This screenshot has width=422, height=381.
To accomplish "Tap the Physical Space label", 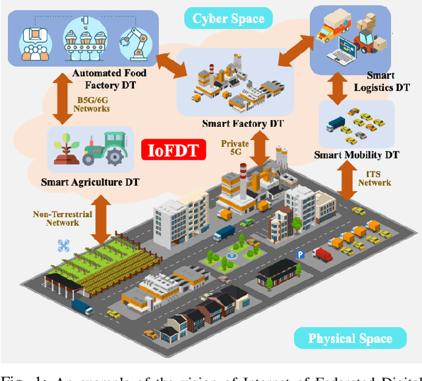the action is [349, 339].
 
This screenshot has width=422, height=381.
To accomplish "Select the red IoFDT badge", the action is [173, 150].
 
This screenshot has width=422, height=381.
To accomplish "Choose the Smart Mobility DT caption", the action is [357, 155].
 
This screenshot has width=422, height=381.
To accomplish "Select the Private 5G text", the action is [235, 148].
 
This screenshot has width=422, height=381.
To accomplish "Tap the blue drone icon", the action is [63, 246].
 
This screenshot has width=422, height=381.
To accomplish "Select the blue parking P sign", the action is [300, 254].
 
